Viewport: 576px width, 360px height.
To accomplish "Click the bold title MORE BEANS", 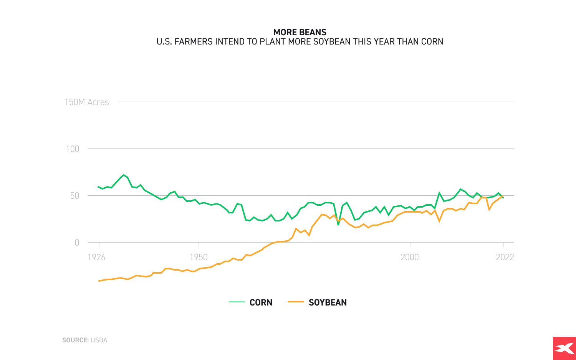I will tap(300, 32).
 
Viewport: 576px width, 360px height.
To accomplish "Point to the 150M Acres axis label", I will tap(87, 102).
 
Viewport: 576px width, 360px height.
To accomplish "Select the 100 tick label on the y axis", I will tap(73, 149).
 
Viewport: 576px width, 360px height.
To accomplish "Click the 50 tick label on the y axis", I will tap(74, 196).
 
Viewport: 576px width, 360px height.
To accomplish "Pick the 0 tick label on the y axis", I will tap(77, 243).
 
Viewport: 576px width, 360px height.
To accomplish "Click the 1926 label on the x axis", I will tap(96, 257).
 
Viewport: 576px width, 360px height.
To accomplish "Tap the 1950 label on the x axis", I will tap(199, 257).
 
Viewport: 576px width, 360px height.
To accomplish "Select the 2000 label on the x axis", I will tap(410, 257).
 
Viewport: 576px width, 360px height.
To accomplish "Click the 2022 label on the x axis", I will tap(505, 257).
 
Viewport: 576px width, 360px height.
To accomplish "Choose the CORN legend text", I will tap(261, 302).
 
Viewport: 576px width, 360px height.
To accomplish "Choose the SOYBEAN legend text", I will tap(328, 302).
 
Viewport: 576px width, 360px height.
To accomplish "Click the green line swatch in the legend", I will tap(237, 302).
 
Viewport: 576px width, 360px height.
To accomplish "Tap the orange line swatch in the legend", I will tap(296, 302).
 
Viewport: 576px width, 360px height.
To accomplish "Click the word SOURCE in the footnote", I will tap(75, 340).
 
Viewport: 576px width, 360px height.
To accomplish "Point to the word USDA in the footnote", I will tap(99, 340).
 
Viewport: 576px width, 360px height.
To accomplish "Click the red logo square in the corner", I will tap(564, 348).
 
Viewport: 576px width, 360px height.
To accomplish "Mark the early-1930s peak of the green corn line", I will tap(124, 175).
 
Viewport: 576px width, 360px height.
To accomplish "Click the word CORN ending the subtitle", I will tap(432, 41).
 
